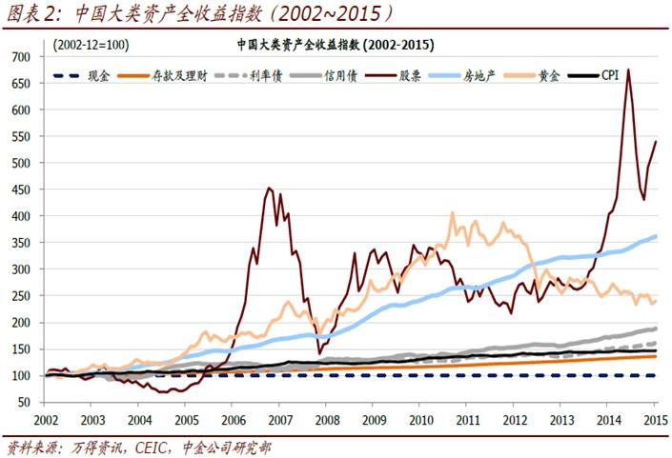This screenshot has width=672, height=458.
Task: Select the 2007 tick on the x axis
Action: (279, 419)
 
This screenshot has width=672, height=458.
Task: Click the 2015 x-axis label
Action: (654, 419)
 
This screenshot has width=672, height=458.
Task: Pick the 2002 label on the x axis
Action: (46, 419)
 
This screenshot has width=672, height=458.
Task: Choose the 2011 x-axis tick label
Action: (467, 419)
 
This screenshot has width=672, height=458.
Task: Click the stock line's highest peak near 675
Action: (628, 70)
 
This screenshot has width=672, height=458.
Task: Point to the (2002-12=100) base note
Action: (91, 44)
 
